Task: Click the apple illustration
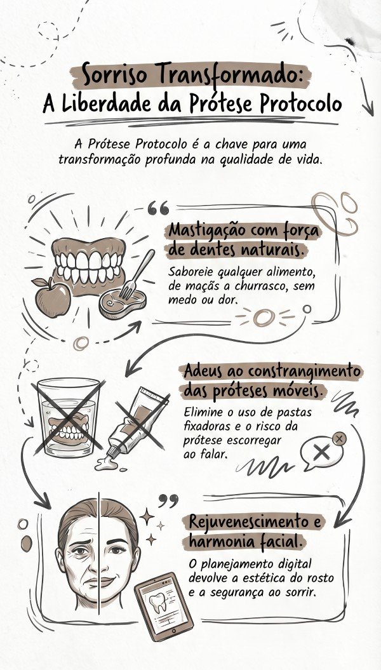click(x=51, y=297)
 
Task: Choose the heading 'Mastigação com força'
click(x=244, y=230)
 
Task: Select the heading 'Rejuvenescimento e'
click(x=257, y=523)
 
